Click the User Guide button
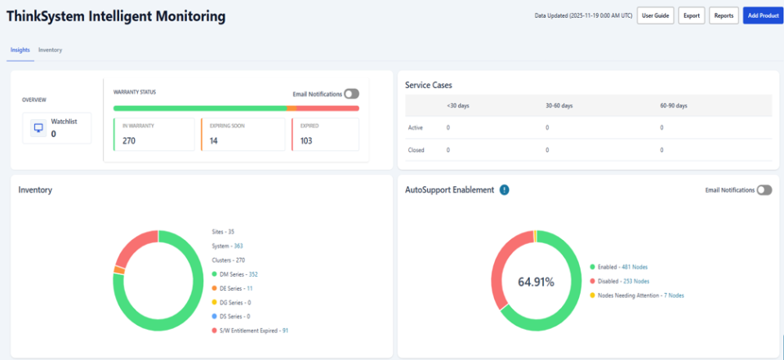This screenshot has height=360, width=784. pyautogui.click(x=655, y=16)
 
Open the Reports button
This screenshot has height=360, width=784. pyautogui.click(x=723, y=16)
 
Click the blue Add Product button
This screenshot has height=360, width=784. pyautogui.click(x=763, y=16)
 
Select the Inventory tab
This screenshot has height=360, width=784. pyautogui.click(x=50, y=50)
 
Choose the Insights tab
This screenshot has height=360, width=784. pyautogui.click(x=20, y=50)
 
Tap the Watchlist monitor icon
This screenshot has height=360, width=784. pyautogui.click(x=38, y=128)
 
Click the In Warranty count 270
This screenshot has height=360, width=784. pyautogui.click(x=129, y=140)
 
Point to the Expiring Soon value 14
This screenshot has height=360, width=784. pyautogui.click(x=214, y=140)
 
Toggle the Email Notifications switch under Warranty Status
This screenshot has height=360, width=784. pyautogui.click(x=352, y=94)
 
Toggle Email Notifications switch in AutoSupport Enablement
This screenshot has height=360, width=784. pyautogui.click(x=764, y=190)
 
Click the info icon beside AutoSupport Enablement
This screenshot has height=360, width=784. pyautogui.click(x=505, y=190)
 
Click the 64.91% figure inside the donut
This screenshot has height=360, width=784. pyautogui.click(x=536, y=282)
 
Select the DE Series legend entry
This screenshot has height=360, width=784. pyautogui.click(x=235, y=288)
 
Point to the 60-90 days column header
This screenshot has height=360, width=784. pyautogui.click(x=674, y=105)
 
